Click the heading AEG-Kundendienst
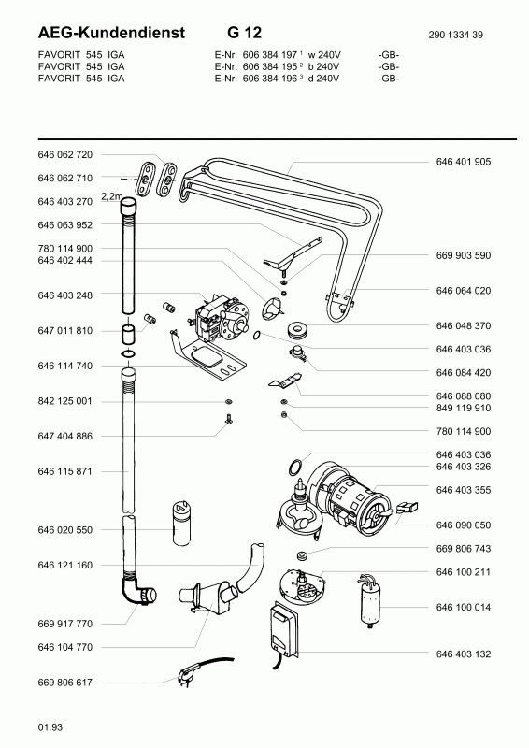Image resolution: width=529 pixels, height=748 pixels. tap(111, 33)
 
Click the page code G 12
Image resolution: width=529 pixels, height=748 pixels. tap(245, 33)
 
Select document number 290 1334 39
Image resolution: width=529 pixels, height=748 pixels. tap(455, 35)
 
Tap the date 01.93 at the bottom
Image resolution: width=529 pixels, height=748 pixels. tap(50, 727)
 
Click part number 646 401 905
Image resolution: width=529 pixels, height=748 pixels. tap(464, 162)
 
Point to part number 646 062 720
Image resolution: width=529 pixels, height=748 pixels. tap(64, 154)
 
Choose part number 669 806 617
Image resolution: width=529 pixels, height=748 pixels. tap(64, 683)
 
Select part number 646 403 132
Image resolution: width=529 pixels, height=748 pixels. tap(464, 654)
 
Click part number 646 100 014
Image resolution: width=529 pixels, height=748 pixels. tap(464, 607)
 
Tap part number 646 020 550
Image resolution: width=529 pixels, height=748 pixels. tap(64, 530)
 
